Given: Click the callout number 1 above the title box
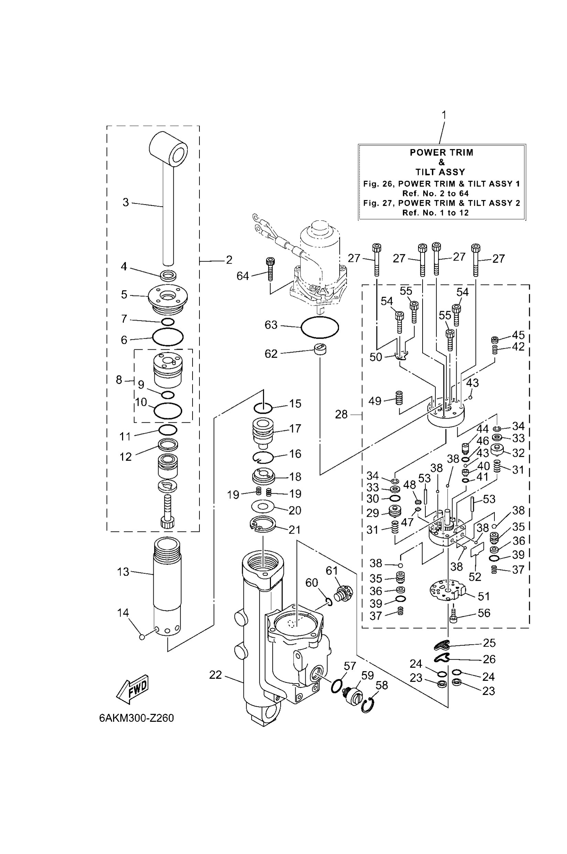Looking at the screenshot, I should [444, 115].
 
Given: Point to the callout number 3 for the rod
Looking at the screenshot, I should [126, 202].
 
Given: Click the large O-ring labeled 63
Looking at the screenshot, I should [320, 327].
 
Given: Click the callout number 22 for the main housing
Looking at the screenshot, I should [215, 675].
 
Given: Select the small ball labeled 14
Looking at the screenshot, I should [142, 637].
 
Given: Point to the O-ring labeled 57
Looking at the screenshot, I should [337, 685].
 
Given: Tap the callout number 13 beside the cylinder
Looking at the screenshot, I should [123, 572].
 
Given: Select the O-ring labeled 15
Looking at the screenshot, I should [263, 408].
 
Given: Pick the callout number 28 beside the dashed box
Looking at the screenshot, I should [341, 414].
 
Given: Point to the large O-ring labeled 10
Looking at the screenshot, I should [168, 411].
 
